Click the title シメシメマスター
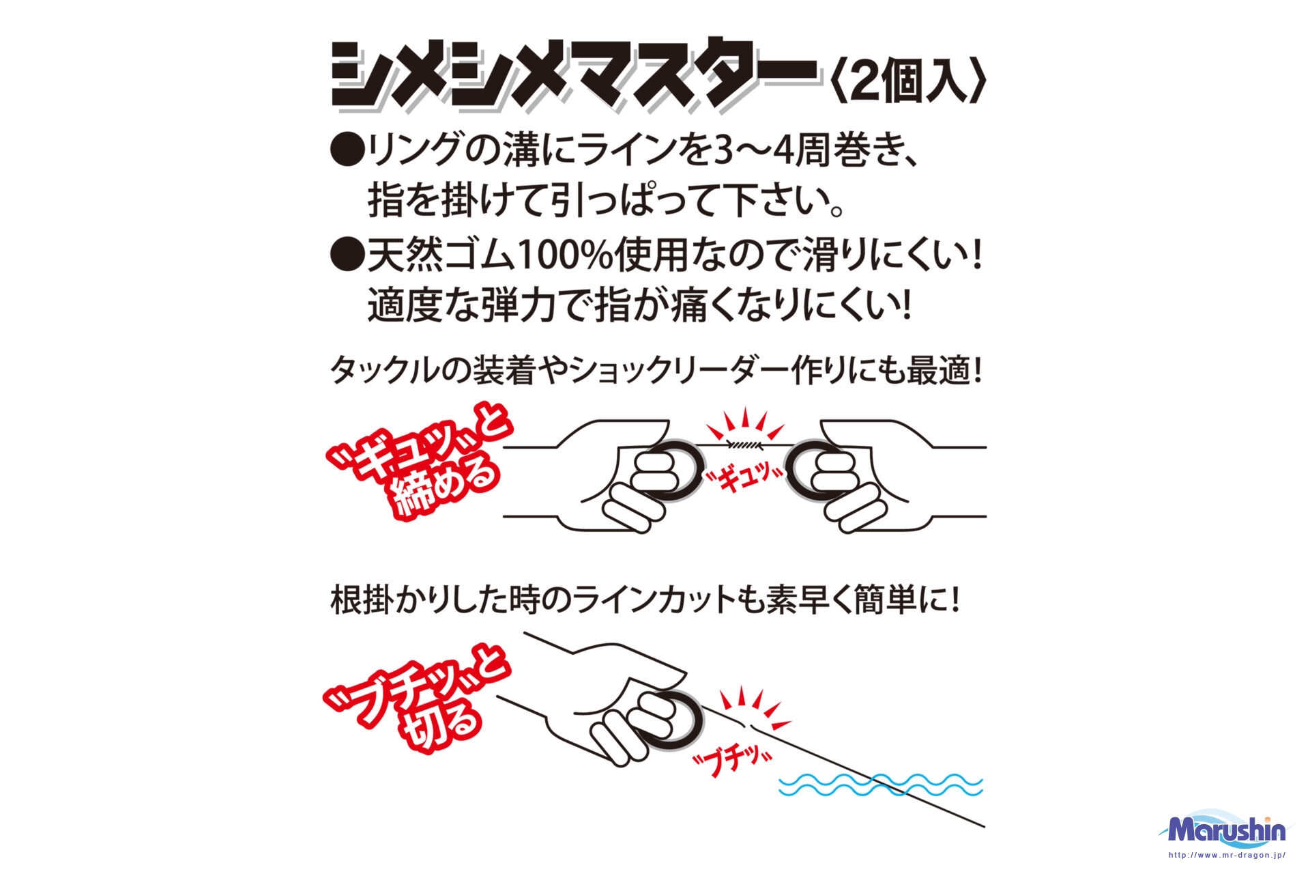pos(575,76)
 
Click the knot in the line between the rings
pos(744,445)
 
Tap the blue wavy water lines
pos(880,786)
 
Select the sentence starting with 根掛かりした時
pos(645,601)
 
